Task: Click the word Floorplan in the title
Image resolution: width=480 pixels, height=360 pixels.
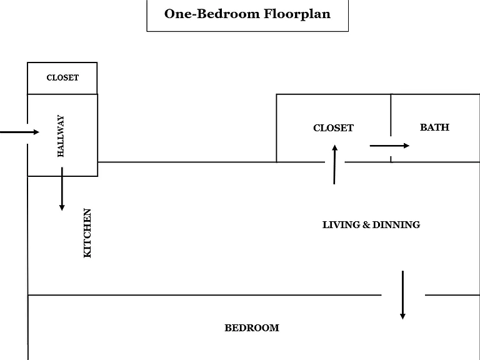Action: (x=297, y=14)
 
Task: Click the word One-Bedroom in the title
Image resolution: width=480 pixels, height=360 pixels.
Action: (x=212, y=14)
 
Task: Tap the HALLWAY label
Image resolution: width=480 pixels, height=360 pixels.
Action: (x=61, y=136)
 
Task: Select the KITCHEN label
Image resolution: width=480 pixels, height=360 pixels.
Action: (x=87, y=233)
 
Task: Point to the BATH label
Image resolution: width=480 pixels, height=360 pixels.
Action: (x=435, y=127)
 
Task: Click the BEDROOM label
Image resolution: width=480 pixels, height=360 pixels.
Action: (x=252, y=328)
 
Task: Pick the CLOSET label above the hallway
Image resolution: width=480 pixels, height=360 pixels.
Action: (x=62, y=77)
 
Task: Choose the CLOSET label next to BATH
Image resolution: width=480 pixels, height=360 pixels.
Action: (x=333, y=128)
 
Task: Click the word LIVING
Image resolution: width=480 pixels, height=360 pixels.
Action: (x=341, y=225)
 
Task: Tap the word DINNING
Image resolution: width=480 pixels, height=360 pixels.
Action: (x=396, y=225)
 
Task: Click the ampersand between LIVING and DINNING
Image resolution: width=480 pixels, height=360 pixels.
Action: (x=366, y=225)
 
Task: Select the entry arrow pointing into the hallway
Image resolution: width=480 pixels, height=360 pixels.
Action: (x=19, y=132)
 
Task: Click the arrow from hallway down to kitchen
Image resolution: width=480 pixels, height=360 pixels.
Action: (x=62, y=189)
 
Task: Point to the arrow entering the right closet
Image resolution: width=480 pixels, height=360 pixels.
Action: (x=334, y=164)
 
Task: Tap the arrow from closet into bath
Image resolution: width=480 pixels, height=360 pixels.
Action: (x=389, y=146)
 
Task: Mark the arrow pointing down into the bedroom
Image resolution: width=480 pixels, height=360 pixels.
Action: (x=403, y=295)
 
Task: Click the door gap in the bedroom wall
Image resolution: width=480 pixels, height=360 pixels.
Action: (x=403, y=295)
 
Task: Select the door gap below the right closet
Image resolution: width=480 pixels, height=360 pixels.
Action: (x=335, y=162)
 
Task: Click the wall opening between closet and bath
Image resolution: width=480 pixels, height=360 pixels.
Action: (x=391, y=146)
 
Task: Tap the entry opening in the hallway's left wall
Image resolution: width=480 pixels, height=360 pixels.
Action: (x=27, y=134)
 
